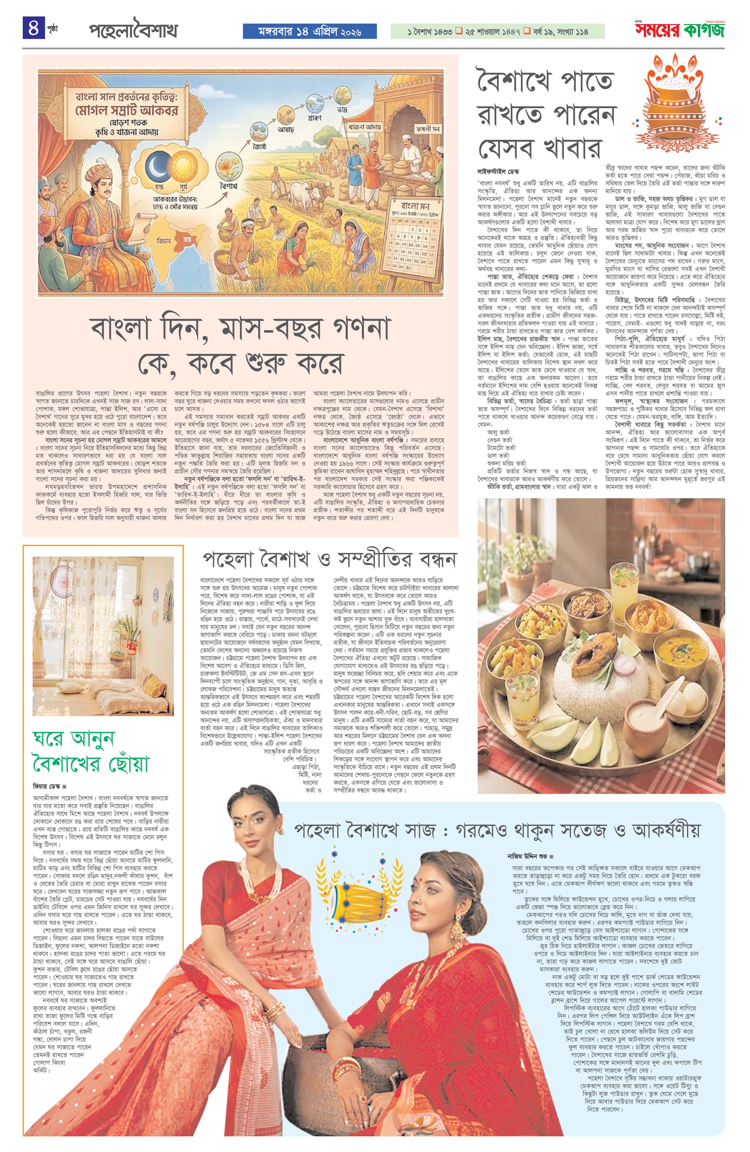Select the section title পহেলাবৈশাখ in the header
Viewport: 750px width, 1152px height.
133,31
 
